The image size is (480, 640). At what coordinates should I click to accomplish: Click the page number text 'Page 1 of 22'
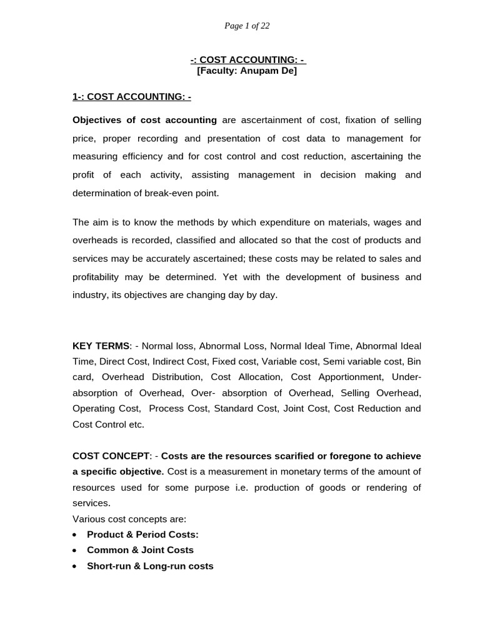pyautogui.click(x=247, y=26)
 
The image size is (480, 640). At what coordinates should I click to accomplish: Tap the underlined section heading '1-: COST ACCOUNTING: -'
pyautogui.click(x=132, y=96)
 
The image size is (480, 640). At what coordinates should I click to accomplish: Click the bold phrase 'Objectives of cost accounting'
pyautogui.click(x=144, y=120)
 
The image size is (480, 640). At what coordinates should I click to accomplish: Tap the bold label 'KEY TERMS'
pyautogui.click(x=101, y=346)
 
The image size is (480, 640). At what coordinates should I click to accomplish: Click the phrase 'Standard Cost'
pyautogui.click(x=249, y=408)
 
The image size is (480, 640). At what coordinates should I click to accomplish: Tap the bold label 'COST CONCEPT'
pyautogui.click(x=111, y=456)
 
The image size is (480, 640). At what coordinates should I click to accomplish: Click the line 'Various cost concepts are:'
pyautogui.click(x=129, y=519)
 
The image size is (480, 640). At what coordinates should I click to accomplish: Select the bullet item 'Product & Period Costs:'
pyautogui.click(x=142, y=534)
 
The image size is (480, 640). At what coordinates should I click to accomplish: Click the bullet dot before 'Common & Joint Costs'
pyautogui.click(x=75, y=551)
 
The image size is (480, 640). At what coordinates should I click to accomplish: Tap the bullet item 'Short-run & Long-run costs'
pyautogui.click(x=150, y=566)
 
